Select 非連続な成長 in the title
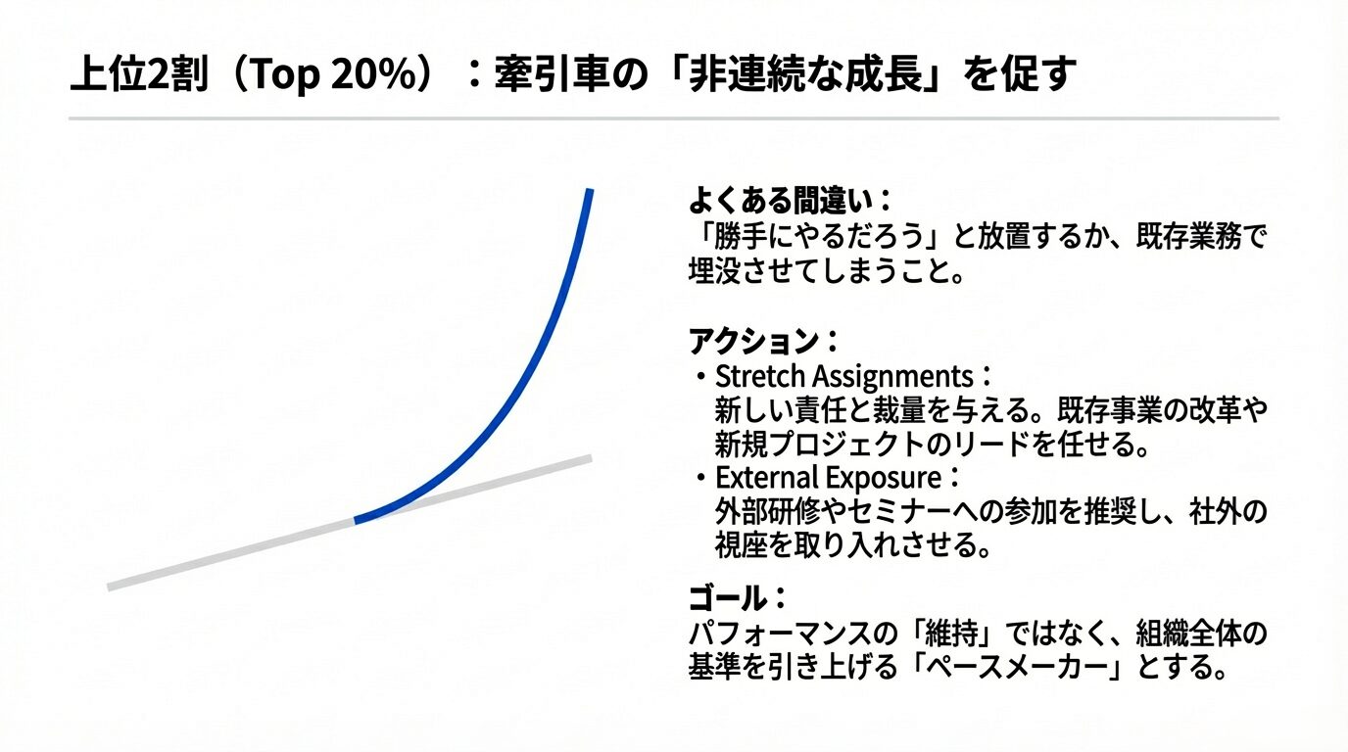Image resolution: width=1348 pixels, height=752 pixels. pyautogui.click(x=806, y=74)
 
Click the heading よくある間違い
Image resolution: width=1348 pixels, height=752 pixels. pyautogui.click(x=781, y=201)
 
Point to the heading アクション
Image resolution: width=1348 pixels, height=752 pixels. pyautogui.click(x=753, y=342)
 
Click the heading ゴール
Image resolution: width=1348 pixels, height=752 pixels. pyautogui.click(x=728, y=598)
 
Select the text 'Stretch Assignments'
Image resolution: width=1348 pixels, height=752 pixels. pyautogui.click(x=843, y=377)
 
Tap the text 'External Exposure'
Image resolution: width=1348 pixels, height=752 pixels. pyautogui.click(x=828, y=478)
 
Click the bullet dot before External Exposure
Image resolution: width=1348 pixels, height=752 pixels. pyautogui.click(x=699, y=479)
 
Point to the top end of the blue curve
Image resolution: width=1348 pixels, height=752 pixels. pyautogui.click(x=590, y=190)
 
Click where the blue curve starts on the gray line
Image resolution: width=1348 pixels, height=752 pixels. pyautogui.click(x=356, y=520)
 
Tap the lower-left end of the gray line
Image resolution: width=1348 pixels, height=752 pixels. pyautogui.click(x=109, y=587)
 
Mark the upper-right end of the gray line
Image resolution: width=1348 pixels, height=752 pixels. pyautogui.click(x=591, y=459)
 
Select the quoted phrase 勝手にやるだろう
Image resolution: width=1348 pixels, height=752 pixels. pyautogui.click(x=818, y=236)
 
